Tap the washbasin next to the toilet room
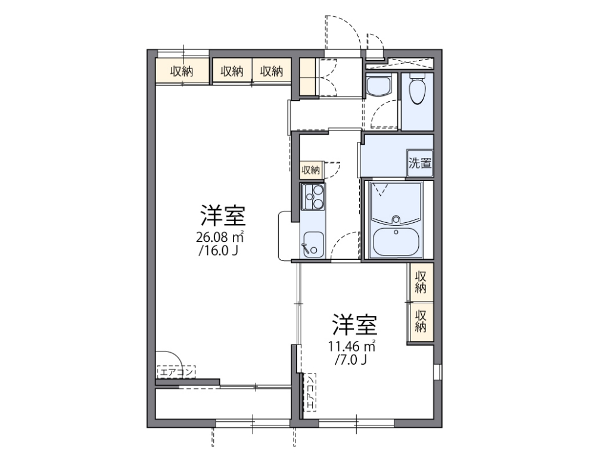click(x=377, y=87)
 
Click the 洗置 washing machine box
click(x=420, y=163)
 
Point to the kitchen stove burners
click(x=313, y=197)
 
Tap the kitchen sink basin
click(x=313, y=244)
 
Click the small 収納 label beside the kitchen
click(x=311, y=170)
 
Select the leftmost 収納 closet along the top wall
click(x=182, y=72)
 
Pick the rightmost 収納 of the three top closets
click(x=271, y=72)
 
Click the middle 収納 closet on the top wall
click(x=232, y=72)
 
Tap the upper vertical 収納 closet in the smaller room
click(x=421, y=282)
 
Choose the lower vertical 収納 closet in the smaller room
click(x=421, y=321)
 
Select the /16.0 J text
click(x=219, y=251)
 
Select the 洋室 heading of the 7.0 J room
click(x=354, y=325)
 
